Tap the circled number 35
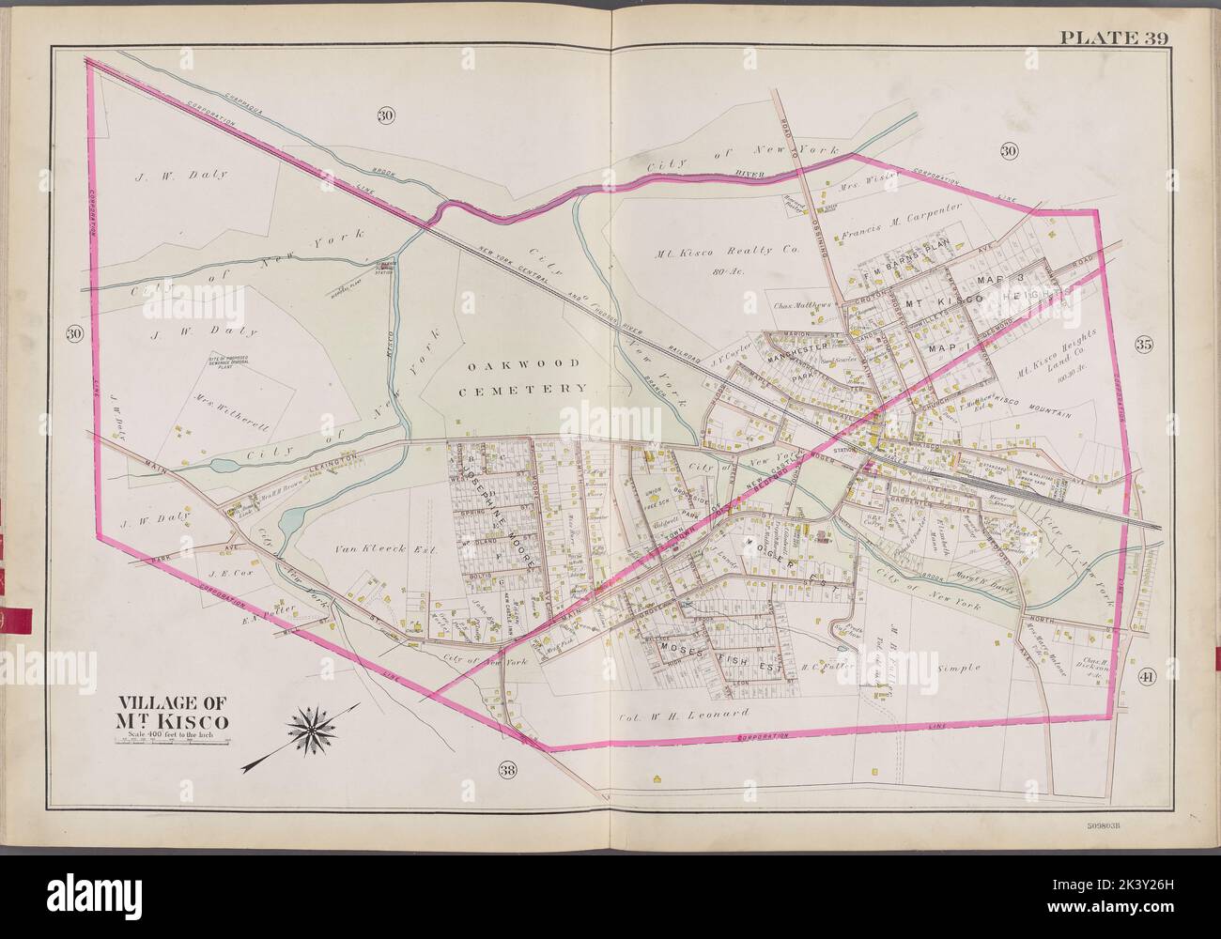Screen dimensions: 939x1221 [1143, 344]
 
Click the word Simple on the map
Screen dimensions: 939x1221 [958, 668]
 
